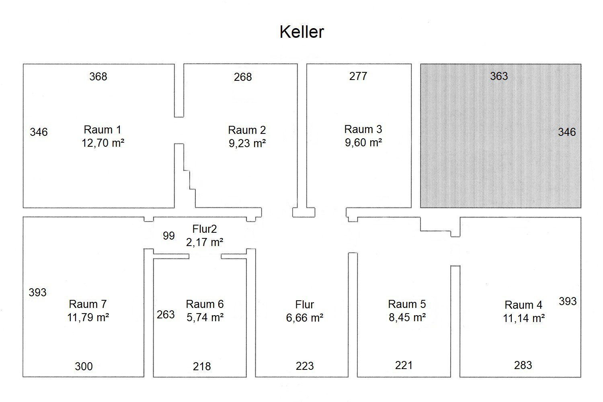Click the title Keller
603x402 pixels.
301,32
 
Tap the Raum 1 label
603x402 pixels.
102,130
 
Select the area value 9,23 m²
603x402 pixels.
247,143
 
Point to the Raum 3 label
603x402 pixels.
363,129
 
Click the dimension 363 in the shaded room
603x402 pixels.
499,76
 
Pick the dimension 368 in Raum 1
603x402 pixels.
98,77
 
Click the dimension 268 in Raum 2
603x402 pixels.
243,77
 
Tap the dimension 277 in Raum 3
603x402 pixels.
358,76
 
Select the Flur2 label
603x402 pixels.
204,229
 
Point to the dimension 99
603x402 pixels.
169,236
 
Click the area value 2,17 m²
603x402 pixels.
205,242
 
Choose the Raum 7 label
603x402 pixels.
88,304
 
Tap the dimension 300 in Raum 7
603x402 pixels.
84,367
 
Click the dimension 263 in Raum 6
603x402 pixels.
166,314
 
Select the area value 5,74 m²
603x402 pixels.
205,318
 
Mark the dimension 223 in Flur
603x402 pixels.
305,366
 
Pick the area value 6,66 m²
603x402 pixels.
305,318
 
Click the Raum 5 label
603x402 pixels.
407,304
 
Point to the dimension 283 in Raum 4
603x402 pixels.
523,365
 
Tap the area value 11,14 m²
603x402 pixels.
524,318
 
